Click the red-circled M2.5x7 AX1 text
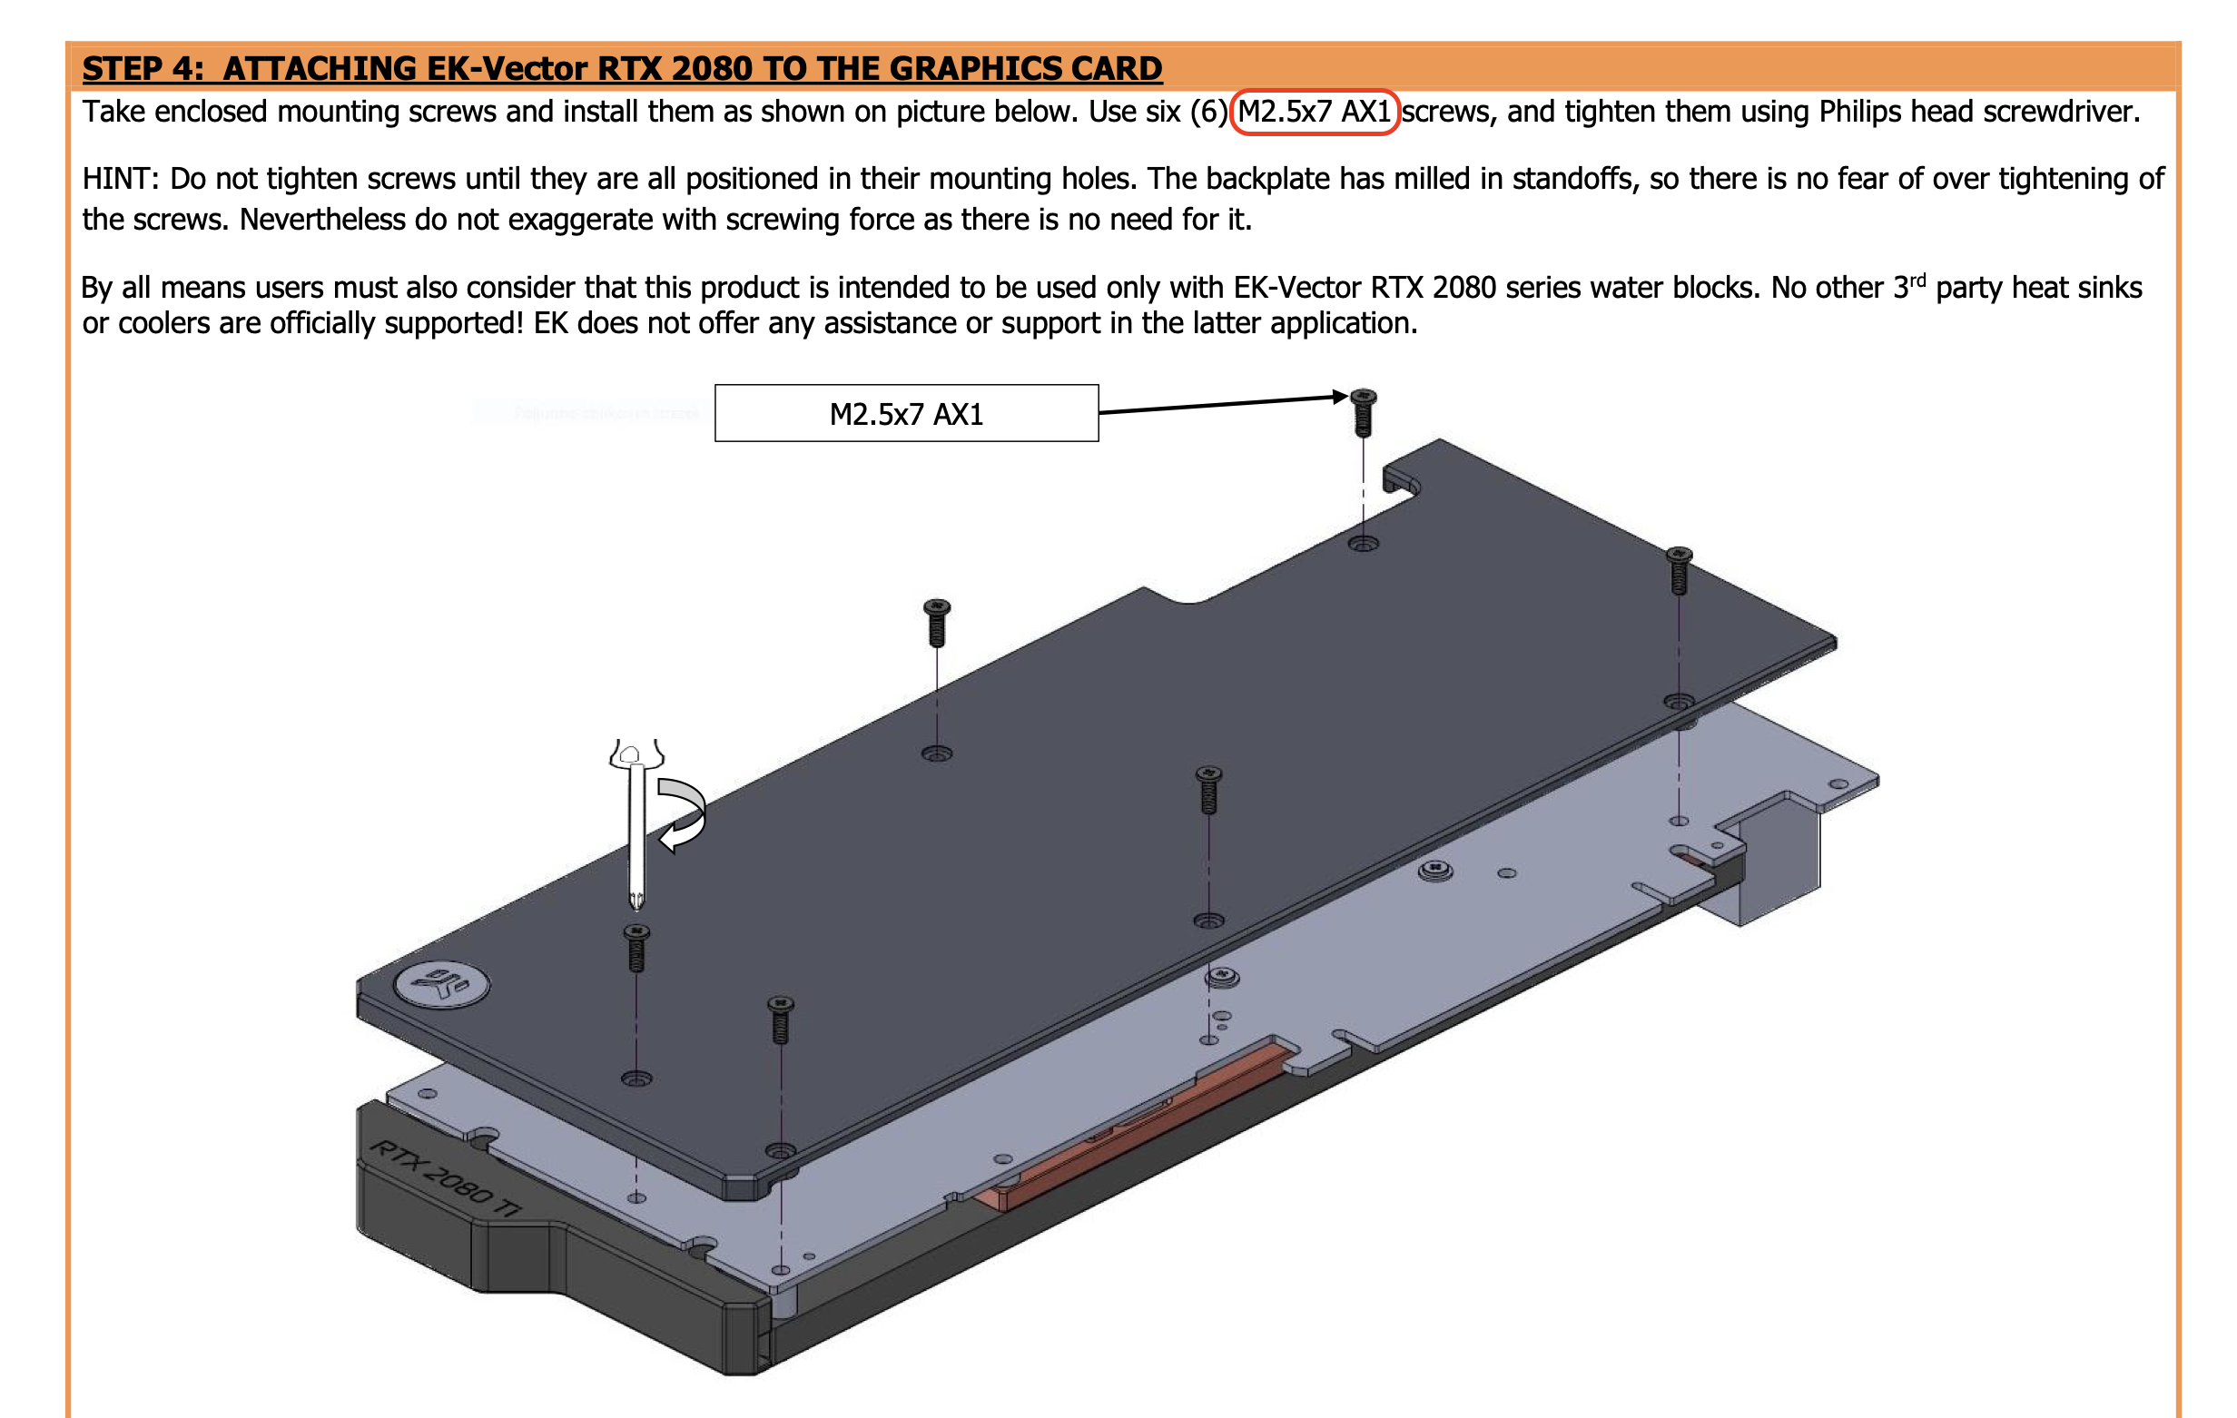[x=1315, y=112]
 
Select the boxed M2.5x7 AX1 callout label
[x=907, y=413]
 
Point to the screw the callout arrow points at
[x=1363, y=411]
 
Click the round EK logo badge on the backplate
[x=442, y=984]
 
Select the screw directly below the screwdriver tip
[x=636, y=947]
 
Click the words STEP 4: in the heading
[x=143, y=69]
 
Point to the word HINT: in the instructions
[x=121, y=179]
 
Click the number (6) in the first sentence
[x=1208, y=113]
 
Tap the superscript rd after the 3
[x=1917, y=280]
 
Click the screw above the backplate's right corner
[x=1679, y=569]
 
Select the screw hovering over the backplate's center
[x=1208, y=789]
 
